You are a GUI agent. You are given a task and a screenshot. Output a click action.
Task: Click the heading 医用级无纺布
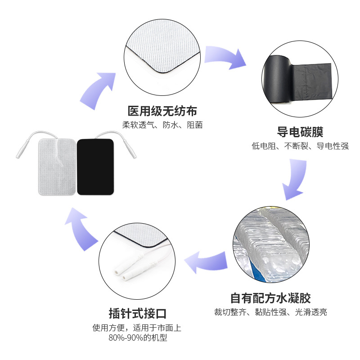[162, 111]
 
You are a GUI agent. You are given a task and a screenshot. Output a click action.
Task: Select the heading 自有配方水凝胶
[270, 298]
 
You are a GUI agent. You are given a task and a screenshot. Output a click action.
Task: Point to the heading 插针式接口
[141, 313]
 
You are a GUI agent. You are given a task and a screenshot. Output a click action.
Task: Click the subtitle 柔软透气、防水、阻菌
[162, 125]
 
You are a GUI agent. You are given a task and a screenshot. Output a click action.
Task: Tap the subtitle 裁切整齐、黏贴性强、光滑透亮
[270, 312]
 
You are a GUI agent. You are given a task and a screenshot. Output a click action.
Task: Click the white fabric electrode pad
[57, 166]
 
